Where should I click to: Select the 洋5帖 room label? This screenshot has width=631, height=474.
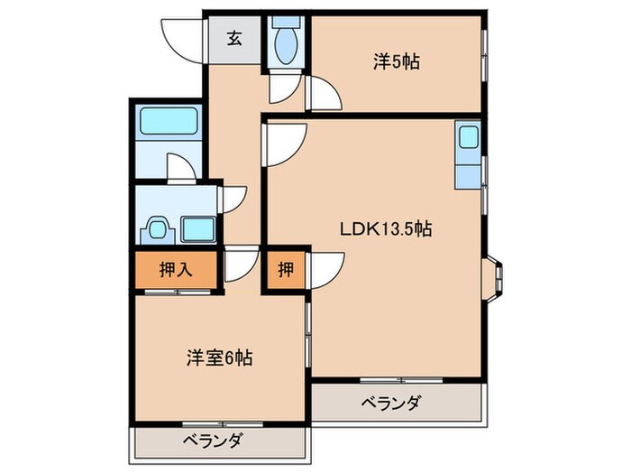398,62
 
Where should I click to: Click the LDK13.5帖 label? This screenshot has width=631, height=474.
386,229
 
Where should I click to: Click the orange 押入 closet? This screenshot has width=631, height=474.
175,268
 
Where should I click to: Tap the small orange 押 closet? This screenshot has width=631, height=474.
284,268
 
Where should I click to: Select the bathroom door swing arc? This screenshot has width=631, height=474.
183,168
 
